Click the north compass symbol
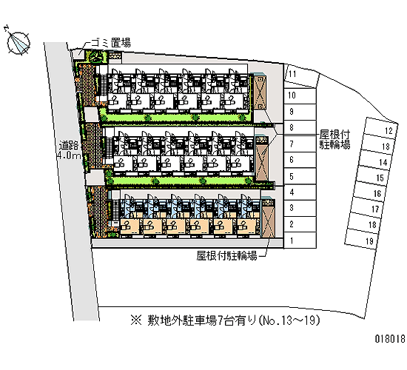(18, 43)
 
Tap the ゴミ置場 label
(111, 43)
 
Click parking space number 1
(300, 240)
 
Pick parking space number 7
(300, 144)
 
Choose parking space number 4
(300, 192)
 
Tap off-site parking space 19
(362, 240)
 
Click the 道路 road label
(69, 145)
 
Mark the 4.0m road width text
(69, 155)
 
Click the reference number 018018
(390, 339)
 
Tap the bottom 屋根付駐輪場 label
(226, 256)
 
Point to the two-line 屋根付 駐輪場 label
(334, 140)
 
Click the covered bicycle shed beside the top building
(260, 92)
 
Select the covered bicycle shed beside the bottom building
(268, 218)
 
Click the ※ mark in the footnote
(136, 320)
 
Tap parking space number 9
(300, 112)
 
